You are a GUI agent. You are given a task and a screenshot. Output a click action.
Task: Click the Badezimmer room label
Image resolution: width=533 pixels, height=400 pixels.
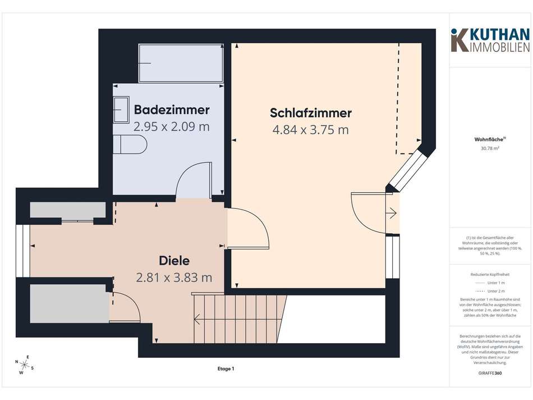click(171, 110)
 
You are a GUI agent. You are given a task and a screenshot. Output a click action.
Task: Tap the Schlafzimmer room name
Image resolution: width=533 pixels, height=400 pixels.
click(310, 113)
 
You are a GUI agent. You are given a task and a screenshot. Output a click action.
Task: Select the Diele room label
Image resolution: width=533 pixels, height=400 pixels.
click(174, 261)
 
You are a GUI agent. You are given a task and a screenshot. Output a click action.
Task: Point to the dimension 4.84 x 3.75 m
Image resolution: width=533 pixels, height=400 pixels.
click(310, 130)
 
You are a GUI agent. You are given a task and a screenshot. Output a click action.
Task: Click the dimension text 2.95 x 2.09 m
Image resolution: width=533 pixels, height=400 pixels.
click(171, 126)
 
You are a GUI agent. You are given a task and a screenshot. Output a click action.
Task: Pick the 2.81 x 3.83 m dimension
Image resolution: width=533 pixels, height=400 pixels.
click(174, 277)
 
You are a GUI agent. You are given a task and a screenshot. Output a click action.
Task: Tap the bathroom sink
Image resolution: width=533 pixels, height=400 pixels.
click(121, 108)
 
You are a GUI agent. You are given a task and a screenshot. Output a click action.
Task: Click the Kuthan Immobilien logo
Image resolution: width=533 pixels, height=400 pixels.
click(490, 40)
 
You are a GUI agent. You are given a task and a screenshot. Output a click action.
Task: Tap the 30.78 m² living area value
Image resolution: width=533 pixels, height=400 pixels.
click(490, 149)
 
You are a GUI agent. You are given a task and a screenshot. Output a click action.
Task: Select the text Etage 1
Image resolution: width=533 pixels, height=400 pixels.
click(226, 369)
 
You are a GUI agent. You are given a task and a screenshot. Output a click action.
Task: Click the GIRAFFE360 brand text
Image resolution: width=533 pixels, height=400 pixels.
click(490, 373)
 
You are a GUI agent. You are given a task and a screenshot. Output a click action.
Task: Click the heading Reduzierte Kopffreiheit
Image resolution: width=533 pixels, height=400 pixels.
click(490, 274)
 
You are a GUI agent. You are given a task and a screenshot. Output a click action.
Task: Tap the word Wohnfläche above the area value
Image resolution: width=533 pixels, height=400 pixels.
click(489, 140)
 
